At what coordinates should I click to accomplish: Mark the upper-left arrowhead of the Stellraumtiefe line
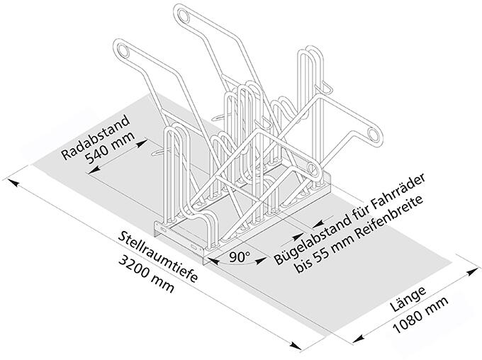(14, 183)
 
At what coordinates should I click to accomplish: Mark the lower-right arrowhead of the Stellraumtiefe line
(301, 346)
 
